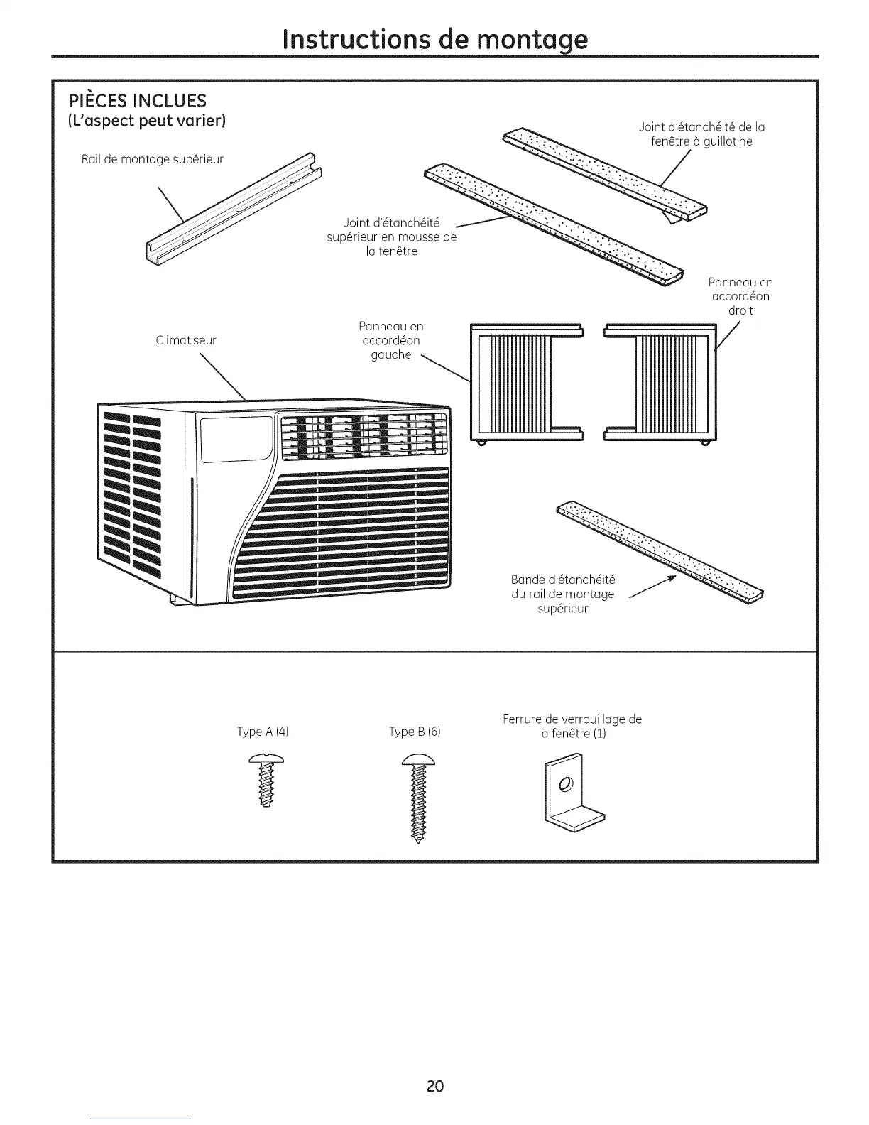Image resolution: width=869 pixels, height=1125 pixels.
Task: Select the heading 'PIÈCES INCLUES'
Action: point(137,100)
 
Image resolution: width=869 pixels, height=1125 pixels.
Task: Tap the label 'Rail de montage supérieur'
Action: point(153,159)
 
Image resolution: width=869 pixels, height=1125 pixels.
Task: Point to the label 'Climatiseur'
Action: point(186,340)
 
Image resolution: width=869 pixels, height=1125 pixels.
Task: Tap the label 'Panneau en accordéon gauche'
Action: point(391,340)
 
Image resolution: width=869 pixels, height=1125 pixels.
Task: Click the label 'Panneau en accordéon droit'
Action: point(740,296)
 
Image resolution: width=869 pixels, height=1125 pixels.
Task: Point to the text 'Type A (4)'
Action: point(262,732)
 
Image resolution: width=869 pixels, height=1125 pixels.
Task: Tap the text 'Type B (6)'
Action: point(415,732)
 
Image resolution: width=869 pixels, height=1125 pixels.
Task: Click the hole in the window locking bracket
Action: point(565,785)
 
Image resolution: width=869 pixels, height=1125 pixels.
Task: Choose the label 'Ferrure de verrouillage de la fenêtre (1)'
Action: point(572,726)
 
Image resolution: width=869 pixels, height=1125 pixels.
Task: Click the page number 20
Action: point(435,1085)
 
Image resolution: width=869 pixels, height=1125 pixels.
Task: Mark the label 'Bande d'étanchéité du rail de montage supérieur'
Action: point(563,593)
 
